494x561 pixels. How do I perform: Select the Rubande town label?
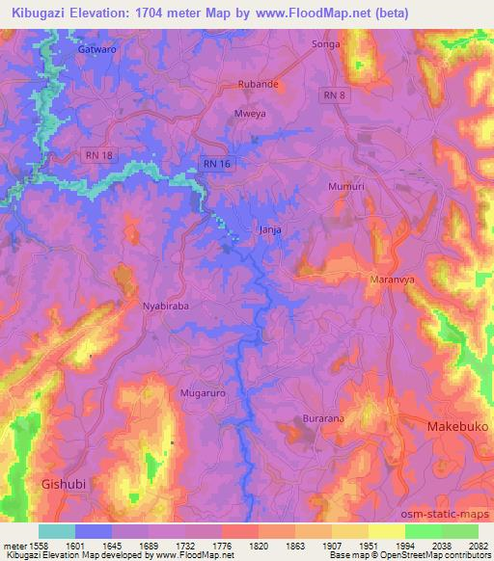[259, 84]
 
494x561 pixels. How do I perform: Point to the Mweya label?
[250, 113]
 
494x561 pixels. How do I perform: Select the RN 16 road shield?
[215, 164]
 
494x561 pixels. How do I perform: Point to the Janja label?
[270, 229]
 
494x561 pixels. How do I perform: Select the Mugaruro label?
[201, 393]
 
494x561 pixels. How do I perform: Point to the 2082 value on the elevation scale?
[478, 545]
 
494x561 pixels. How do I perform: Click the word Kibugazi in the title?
[36, 13]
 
